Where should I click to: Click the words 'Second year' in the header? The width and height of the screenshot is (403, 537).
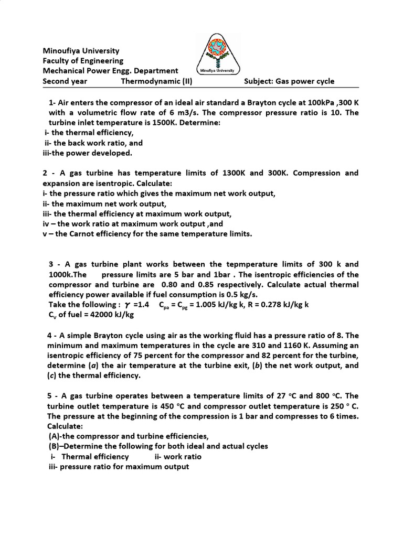click(65, 81)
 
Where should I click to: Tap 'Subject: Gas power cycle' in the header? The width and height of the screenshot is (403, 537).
click(289, 81)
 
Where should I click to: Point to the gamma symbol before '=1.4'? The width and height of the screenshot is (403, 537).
click(121, 305)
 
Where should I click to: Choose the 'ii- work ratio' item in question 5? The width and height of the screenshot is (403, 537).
click(178, 457)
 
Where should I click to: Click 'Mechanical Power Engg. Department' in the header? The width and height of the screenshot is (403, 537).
click(110, 71)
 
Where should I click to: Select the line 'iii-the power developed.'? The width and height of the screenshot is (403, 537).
click(80, 153)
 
